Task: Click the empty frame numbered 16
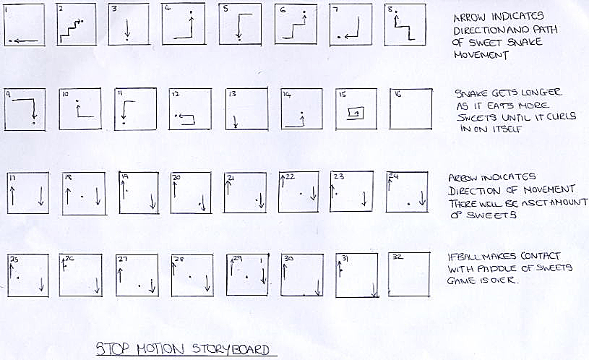tap(410, 110)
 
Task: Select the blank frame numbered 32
tap(409, 275)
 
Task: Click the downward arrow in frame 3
tap(126, 30)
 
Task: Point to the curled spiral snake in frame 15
tap(355, 112)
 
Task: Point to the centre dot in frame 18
tap(82, 196)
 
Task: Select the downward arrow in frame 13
tap(236, 121)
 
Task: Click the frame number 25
tap(14, 258)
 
